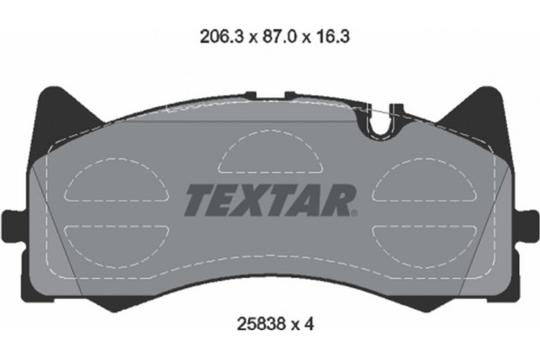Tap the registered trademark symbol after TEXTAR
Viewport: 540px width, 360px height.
(355, 212)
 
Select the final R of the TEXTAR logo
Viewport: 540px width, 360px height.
(338, 200)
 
